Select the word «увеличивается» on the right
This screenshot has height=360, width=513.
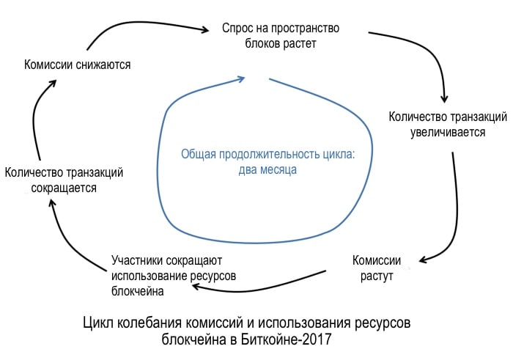448,132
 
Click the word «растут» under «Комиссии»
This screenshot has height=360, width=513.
377,276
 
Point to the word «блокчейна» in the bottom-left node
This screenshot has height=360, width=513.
138,290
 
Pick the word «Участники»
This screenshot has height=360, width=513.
137,260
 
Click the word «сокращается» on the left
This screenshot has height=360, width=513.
64,188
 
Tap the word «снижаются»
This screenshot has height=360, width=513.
103,65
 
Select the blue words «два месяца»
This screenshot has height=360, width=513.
267,169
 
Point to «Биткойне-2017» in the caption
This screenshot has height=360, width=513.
286,339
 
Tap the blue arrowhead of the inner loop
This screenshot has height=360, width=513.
242,79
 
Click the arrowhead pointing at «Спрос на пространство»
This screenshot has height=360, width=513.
205,30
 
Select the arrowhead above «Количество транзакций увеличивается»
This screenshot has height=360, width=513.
444,98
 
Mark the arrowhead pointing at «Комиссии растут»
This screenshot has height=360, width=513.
422,260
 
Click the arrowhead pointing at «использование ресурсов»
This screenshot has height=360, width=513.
196,287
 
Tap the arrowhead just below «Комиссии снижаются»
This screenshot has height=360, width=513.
53,83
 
